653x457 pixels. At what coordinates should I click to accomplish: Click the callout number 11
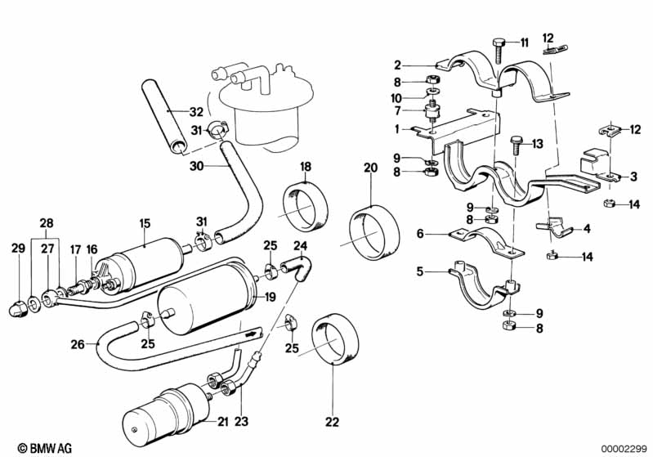pyautogui.click(x=524, y=42)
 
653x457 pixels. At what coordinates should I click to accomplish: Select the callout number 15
pyautogui.click(x=144, y=222)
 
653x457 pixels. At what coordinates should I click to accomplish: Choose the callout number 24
pyautogui.click(x=300, y=245)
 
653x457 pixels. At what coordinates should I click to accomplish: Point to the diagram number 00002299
pyautogui.click(x=624, y=447)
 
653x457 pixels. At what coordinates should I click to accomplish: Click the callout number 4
pyautogui.click(x=586, y=231)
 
